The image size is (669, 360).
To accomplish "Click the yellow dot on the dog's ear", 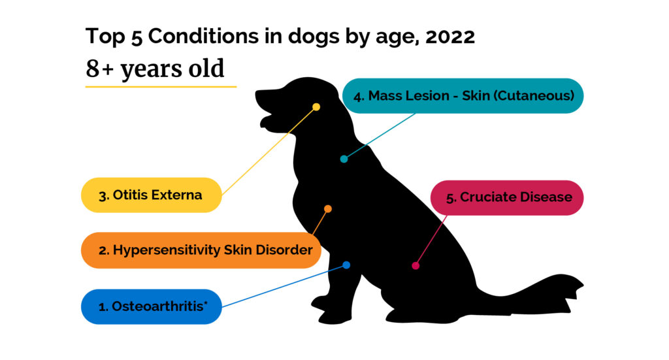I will [316, 106].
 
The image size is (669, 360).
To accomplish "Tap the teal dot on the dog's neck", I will [344, 159].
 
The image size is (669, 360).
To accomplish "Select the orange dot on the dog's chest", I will [328, 209].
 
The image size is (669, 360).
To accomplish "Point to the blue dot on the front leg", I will [346, 265].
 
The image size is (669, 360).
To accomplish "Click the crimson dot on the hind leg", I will [416, 265].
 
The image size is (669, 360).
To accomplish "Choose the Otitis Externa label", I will [151, 195].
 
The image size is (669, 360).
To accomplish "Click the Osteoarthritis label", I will [151, 306].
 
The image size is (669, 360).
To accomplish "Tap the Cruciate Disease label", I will [507, 197].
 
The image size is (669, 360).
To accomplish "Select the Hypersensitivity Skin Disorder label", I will [201, 250].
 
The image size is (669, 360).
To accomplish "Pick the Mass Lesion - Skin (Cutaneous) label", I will [463, 96].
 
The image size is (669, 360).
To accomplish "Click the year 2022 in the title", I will [449, 37].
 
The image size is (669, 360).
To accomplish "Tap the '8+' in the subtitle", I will [97, 69].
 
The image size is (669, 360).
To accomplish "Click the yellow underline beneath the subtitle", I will [161, 86].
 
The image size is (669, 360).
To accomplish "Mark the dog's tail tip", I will [579, 286].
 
